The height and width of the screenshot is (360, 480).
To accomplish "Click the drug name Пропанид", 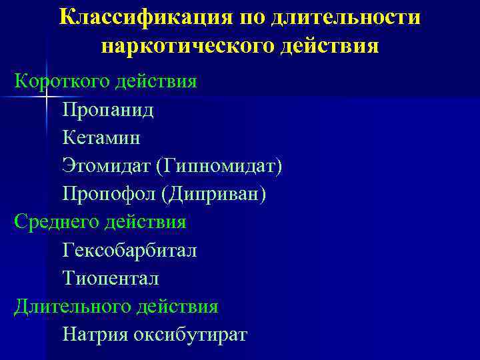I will pos(108,109).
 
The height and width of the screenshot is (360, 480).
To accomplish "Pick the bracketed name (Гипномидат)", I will pos(219,165).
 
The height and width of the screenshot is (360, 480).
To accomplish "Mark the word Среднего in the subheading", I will pos(55,221).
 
